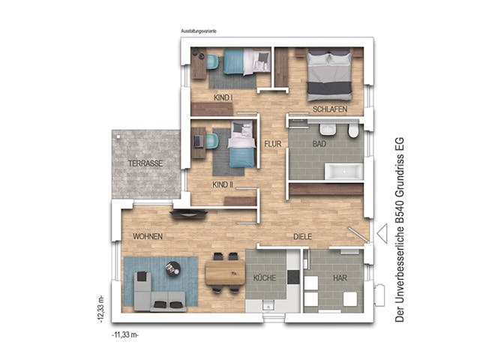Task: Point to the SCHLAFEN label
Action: coord(329,109)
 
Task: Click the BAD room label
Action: coord(319,142)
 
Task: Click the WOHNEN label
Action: coord(148,236)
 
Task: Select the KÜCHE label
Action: coord(265,278)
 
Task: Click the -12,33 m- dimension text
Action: coord(100,307)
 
